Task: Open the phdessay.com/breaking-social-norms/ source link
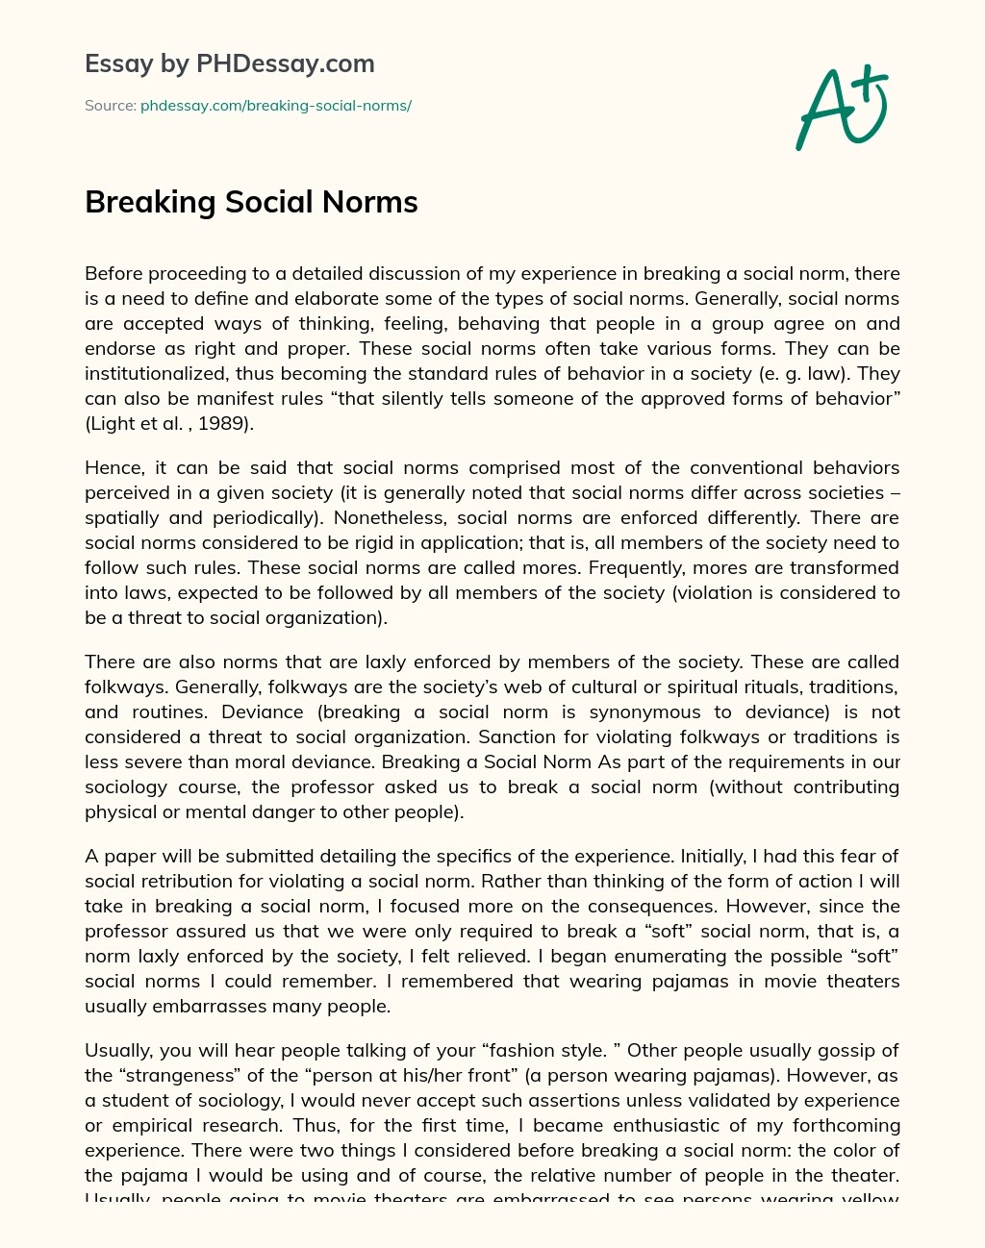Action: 276,106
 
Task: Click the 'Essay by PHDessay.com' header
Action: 229,63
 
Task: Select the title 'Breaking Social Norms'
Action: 251,202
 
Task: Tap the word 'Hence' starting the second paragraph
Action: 113,467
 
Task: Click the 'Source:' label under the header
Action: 111,106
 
